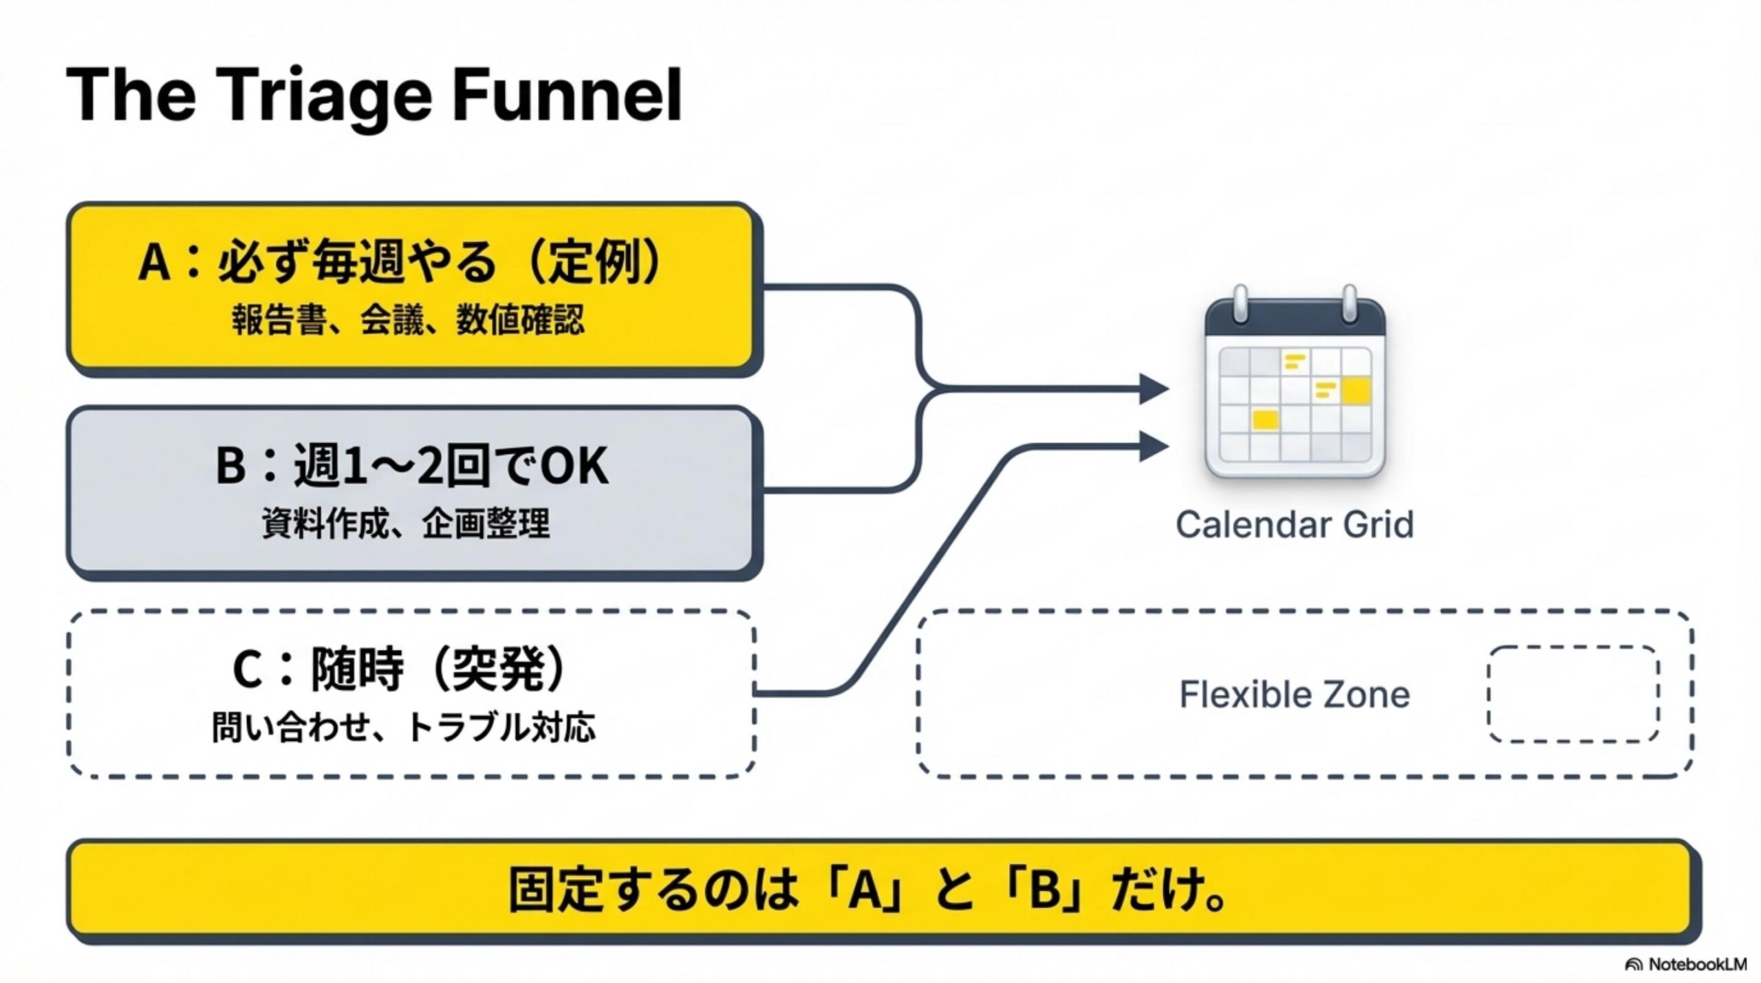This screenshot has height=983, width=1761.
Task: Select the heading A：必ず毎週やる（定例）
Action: (x=401, y=262)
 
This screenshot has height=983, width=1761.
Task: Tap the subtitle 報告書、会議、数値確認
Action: (x=408, y=321)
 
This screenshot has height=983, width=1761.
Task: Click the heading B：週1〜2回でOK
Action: (x=412, y=466)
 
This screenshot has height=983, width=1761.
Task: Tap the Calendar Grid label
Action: (x=1295, y=525)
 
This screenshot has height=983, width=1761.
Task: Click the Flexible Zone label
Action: (x=1295, y=695)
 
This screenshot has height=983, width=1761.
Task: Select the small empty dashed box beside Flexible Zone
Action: (x=1573, y=694)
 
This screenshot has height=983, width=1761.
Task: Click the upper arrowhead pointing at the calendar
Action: (x=1154, y=389)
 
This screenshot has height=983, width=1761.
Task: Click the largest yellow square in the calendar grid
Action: (x=1356, y=391)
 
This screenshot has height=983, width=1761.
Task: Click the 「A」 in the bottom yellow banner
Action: (x=865, y=891)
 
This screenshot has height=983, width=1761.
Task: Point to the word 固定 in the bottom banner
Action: (x=557, y=891)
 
